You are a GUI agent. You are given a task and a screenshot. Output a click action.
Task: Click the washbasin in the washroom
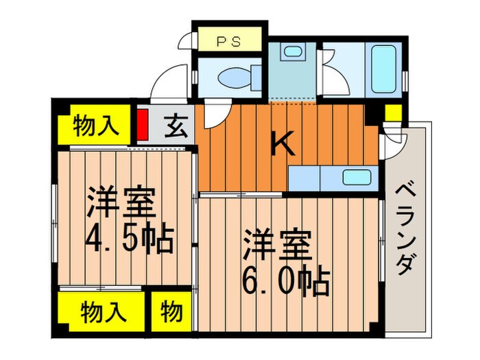(292, 52)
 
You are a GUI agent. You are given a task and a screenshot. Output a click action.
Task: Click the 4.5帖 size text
(128, 239)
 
